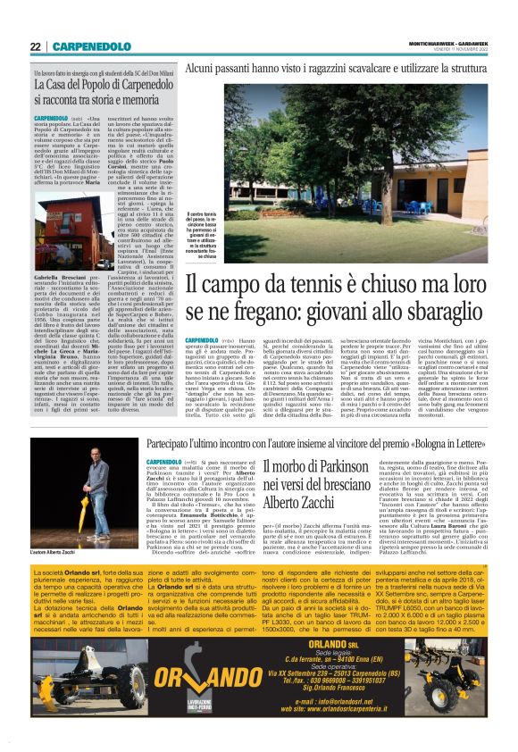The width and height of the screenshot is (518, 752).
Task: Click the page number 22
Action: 36,46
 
